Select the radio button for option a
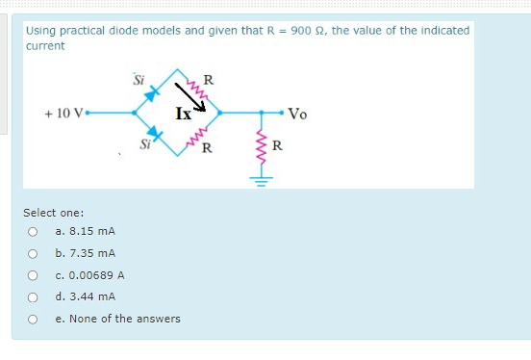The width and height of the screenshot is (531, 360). pos(33,231)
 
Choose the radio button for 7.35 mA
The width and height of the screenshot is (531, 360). pos(33,253)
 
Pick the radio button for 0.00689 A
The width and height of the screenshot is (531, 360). pos(33,275)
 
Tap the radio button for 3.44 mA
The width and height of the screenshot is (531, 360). pos(33,296)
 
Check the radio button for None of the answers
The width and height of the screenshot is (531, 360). pos(33,319)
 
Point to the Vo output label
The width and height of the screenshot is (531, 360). pos(298,113)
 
